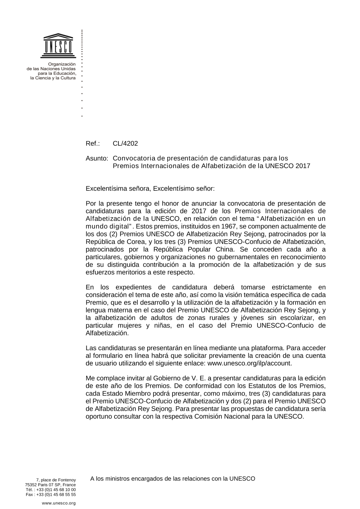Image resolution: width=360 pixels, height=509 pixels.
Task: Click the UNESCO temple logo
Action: [58, 46]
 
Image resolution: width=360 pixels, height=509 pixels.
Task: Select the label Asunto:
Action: [97, 158]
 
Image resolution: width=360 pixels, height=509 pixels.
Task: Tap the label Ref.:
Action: [93, 144]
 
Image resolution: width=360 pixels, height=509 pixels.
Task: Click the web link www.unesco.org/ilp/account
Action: [249, 363]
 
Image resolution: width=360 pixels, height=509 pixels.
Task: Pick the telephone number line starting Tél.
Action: [51, 490]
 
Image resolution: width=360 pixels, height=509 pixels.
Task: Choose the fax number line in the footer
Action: [51, 495]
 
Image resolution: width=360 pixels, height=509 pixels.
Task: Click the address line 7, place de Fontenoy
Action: [56, 480]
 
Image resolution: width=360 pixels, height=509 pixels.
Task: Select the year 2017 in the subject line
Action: [303, 166]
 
